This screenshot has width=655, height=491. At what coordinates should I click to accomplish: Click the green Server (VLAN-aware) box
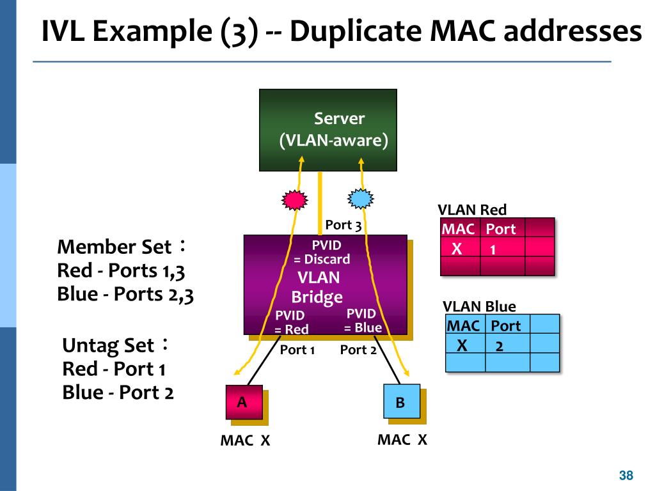328,130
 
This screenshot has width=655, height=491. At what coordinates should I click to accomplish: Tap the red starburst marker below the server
294,199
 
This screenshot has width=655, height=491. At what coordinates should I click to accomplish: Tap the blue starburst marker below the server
361,198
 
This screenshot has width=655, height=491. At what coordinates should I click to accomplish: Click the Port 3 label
343,225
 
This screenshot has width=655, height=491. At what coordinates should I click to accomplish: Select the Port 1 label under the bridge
297,350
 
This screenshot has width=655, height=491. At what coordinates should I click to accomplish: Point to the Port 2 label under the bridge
358,350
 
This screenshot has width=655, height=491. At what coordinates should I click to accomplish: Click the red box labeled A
244,402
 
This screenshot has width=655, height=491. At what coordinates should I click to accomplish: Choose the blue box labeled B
402,401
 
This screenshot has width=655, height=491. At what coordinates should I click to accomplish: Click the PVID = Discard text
322,252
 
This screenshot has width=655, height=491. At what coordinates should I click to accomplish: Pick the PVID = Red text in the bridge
291,322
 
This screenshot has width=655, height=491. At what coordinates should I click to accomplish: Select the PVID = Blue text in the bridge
363,320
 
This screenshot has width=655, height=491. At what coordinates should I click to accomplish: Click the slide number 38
626,475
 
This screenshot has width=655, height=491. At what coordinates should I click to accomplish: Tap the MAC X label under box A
245,440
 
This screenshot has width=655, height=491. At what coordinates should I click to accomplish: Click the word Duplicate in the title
356,31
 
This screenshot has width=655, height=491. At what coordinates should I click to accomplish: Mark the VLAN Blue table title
479,306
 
